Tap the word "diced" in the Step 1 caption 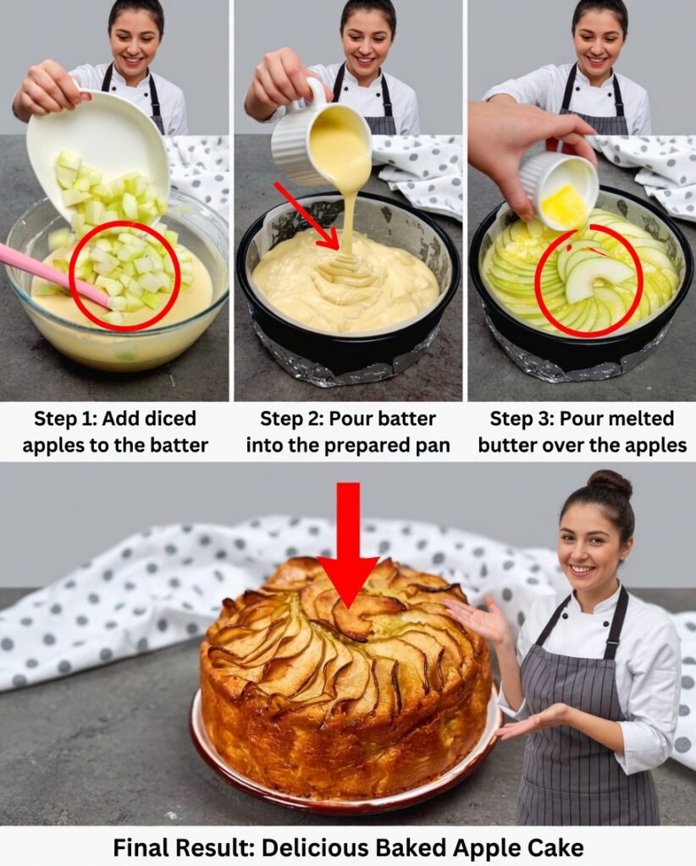(170, 418)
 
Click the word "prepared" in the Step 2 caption (371, 446)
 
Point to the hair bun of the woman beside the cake (610, 484)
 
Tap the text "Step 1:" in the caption (65, 419)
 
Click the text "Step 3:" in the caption (522, 419)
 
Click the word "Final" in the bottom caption (138, 847)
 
